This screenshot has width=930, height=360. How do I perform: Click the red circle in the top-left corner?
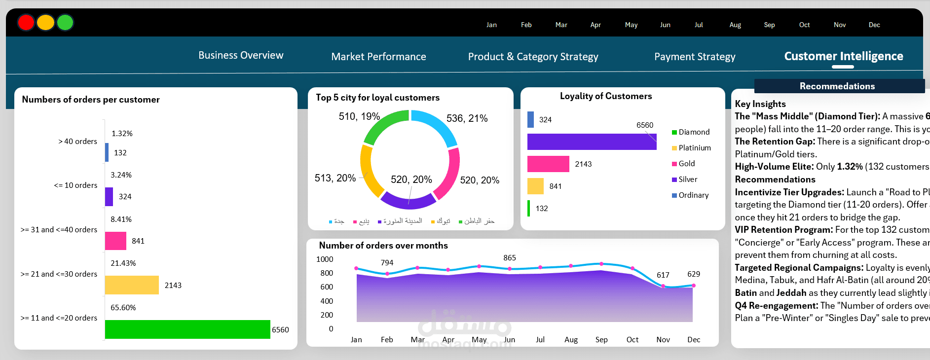pyautogui.click(x=26, y=22)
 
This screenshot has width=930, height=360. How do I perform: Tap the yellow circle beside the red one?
pyautogui.click(x=45, y=22)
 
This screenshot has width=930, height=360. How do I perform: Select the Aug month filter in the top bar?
pyautogui.click(x=735, y=25)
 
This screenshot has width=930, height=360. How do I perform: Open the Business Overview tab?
pyautogui.click(x=241, y=55)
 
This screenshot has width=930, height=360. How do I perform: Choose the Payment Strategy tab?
pyautogui.click(x=695, y=57)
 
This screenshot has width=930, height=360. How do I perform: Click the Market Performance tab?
pyautogui.click(x=378, y=57)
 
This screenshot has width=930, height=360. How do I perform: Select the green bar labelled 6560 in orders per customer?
pyautogui.click(x=187, y=329)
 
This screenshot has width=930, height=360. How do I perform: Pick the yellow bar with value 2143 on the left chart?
pyautogui.click(x=132, y=285)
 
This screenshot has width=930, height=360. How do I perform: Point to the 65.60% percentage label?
pyautogui.click(x=123, y=308)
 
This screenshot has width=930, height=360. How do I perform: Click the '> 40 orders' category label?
pyautogui.click(x=77, y=142)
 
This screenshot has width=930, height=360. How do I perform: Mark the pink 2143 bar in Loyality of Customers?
pyautogui.click(x=548, y=164)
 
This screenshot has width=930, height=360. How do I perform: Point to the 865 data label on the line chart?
pyautogui.click(x=510, y=258)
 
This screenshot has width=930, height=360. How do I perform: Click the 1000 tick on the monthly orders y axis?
pyautogui.click(x=325, y=259)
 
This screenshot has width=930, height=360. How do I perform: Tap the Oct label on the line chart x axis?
pyautogui.click(x=632, y=340)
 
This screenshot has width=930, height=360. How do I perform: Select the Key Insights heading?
pyautogui.click(x=760, y=104)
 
